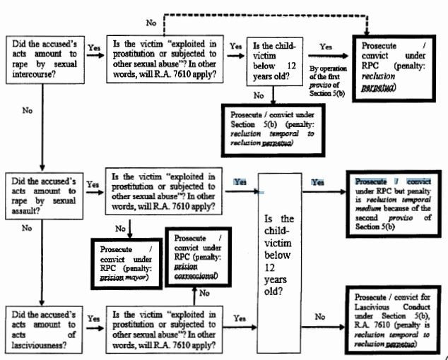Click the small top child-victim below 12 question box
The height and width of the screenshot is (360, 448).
click(274, 61)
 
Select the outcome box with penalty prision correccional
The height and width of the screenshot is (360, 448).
click(198, 258)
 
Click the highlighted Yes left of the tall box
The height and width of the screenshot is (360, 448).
click(242, 181)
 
